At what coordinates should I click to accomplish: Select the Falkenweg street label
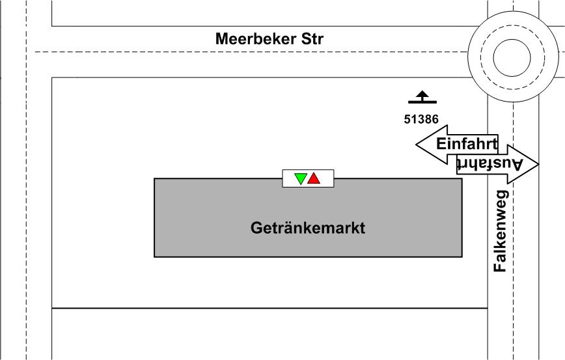500,231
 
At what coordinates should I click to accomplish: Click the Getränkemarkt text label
308,228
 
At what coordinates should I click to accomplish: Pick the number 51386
421,119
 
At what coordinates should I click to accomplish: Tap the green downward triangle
300,178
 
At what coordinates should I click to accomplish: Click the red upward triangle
314,178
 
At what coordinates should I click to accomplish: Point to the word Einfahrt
466,143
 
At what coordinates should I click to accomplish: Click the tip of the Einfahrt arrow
417,145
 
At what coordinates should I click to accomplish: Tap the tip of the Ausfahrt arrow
538,164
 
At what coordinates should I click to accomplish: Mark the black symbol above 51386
422,98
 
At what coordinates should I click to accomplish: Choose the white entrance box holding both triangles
308,178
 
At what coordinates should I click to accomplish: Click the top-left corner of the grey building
154,178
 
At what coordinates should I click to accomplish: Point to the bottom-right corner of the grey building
462,257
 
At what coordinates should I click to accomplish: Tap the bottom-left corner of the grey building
154,257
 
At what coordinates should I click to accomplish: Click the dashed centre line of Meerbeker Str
163,51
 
